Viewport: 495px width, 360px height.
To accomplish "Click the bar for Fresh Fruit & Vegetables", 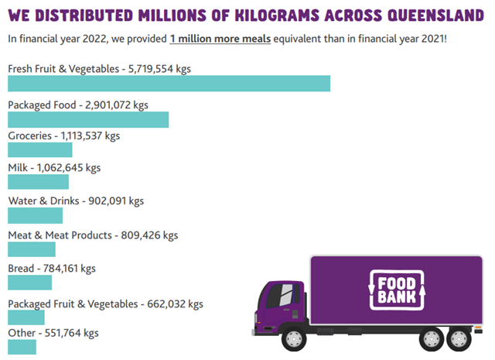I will coord(169,84).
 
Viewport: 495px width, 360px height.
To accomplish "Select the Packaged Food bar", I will coord(88,119).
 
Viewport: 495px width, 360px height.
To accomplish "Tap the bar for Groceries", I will coord(39,150).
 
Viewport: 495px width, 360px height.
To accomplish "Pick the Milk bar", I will coord(38,182).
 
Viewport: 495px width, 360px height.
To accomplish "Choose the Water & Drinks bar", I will coord(35,215).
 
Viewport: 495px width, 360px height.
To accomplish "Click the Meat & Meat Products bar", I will coord(32,249).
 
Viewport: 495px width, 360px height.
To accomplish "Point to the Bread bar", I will coord(29,283).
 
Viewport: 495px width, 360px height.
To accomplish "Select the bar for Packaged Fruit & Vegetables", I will coord(26,317).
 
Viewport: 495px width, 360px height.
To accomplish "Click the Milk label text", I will coord(19,167).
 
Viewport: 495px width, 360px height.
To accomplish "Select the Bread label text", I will coord(22,269).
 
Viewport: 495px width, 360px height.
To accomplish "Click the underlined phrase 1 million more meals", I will coord(220,39).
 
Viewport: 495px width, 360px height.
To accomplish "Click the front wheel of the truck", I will coord(294,338).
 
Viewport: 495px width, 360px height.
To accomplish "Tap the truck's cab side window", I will coord(283,294).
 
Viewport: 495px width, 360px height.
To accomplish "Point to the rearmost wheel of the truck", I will coord(459,338).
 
